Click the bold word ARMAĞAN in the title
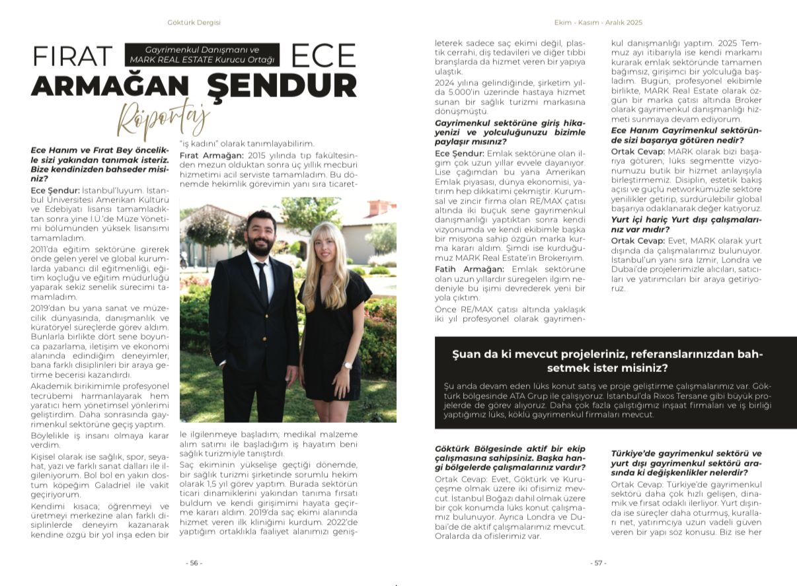(110, 85)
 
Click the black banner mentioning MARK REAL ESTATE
(202, 55)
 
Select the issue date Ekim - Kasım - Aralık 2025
(597, 22)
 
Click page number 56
(194, 563)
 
